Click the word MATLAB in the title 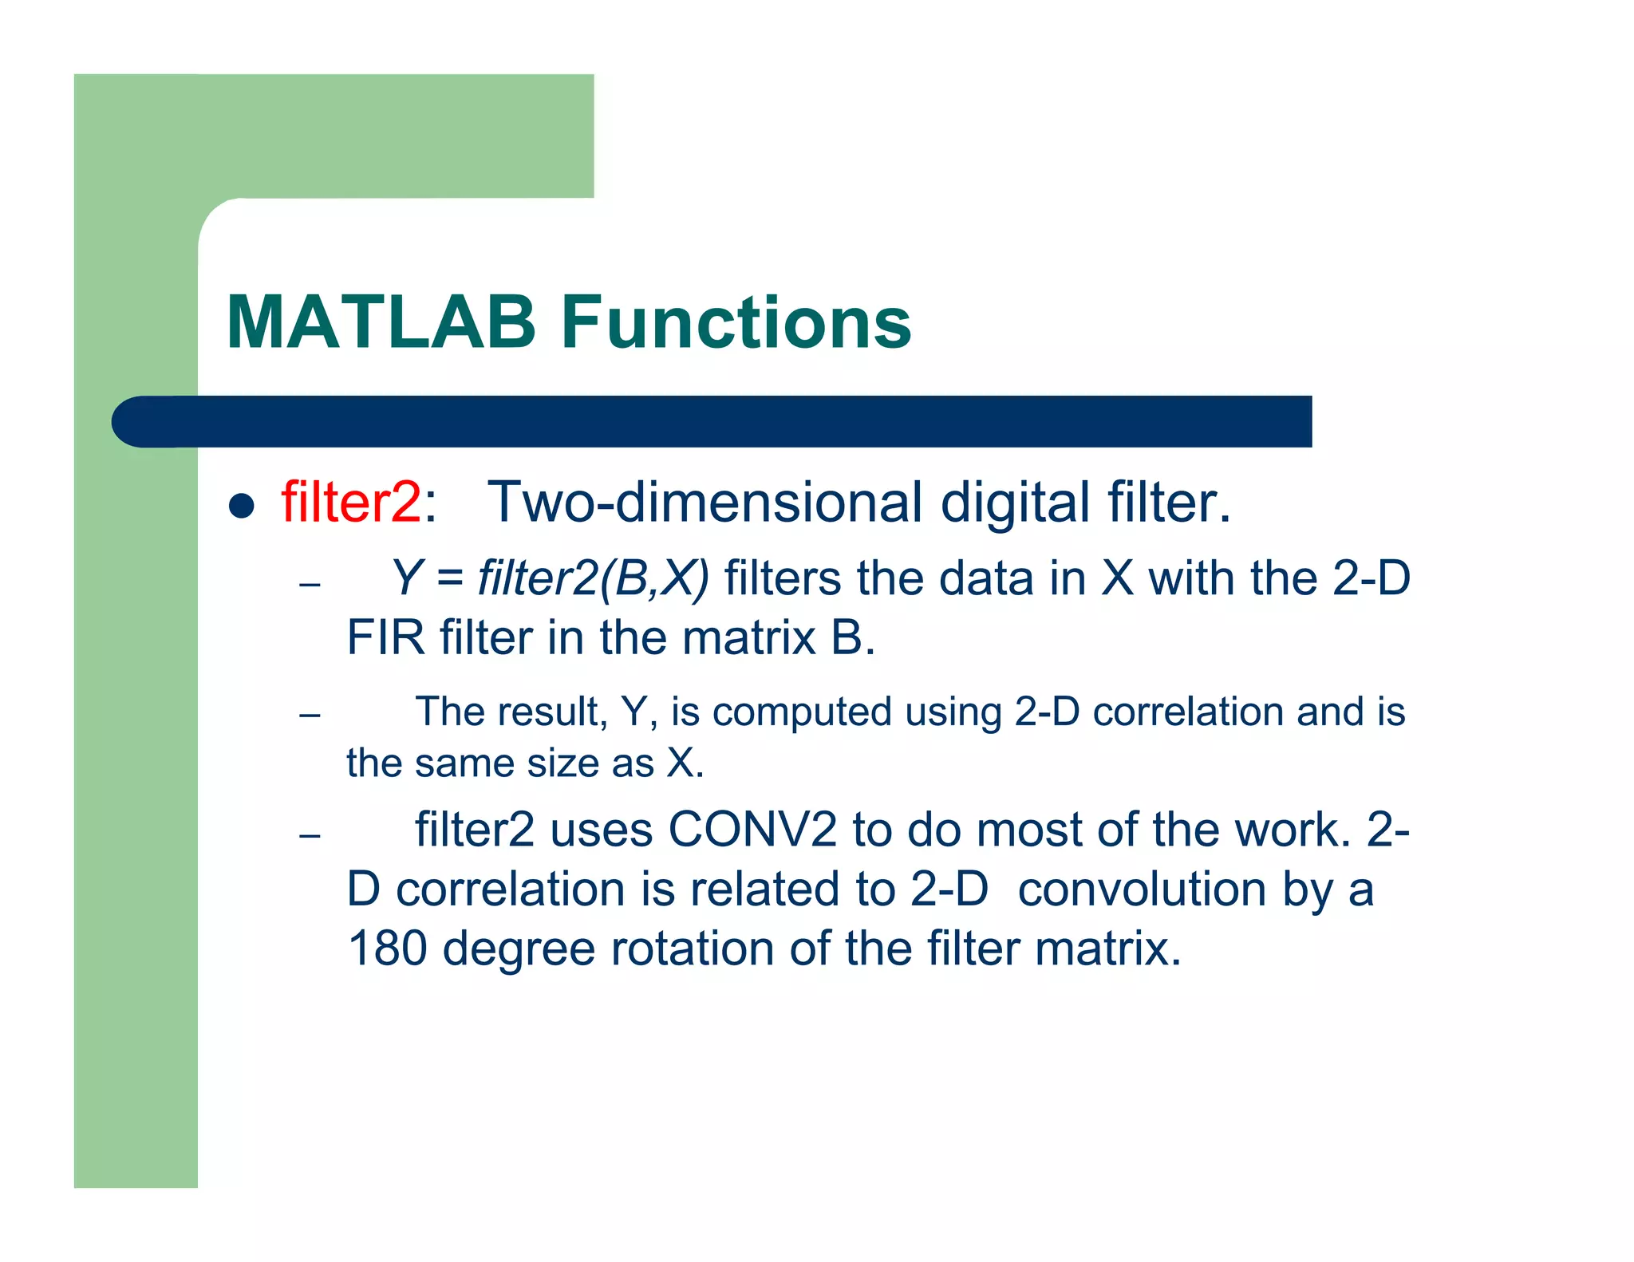coord(381,322)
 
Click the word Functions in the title coord(736,322)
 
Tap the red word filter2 coord(350,503)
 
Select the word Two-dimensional coord(705,503)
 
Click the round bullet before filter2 coord(241,506)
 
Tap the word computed coord(801,712)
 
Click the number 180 coord(387,948)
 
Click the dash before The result coord(310,714)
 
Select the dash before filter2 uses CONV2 coord(310,835)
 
